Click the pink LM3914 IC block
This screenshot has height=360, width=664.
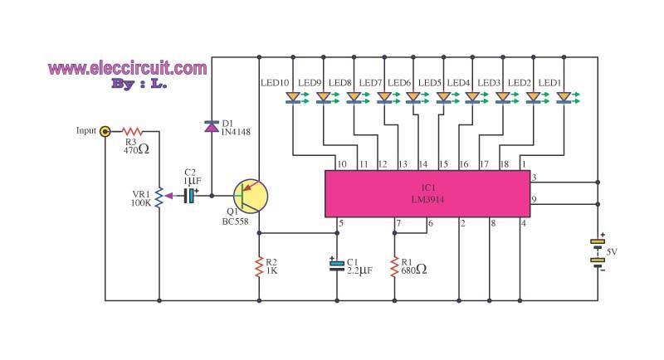tap(427, 194)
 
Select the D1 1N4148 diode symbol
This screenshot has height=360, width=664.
tap(212, 126)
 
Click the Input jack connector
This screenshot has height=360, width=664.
tap(105, 131)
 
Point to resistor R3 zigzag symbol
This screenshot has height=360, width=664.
tap(133, 131)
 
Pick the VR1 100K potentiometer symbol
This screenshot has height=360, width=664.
tap(159, 197)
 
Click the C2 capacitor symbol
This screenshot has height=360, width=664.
tap(190, 197)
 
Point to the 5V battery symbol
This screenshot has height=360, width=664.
tap(598, 252)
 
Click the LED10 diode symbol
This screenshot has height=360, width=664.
tap(293, 98)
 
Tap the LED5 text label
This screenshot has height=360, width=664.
tap(429, 83)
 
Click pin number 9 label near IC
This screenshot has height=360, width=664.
tap(535, 199)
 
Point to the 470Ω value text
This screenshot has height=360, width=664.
tap(135, 151)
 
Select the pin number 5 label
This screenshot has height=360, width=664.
tap(340, 223)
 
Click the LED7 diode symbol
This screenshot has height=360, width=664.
tap(383, 98)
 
